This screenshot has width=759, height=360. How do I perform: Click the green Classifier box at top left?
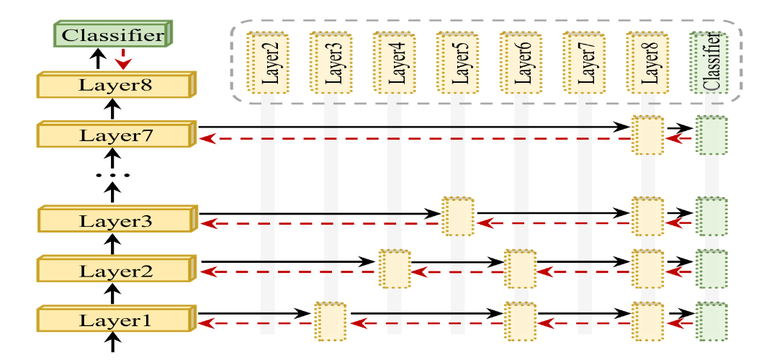point(114,35)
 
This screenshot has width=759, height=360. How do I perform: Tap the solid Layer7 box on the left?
point(116,134)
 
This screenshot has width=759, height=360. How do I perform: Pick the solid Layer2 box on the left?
point(116,270)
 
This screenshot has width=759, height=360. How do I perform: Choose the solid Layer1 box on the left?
point(116,319)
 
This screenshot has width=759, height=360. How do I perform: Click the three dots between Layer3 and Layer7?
point(112,175)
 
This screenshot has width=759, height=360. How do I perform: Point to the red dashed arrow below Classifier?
point(124,59)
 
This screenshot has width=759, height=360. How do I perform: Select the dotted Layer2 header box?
point(263,63)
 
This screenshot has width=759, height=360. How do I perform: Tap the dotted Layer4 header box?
point(390,63)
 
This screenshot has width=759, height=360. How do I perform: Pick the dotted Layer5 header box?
point(453,63)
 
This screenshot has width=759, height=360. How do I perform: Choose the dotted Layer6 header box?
point(516,63)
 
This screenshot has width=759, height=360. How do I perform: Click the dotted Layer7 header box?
point(580,63)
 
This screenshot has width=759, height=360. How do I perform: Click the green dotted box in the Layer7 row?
point(711,135)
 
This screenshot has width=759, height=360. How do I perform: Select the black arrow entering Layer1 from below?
point(112,342)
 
